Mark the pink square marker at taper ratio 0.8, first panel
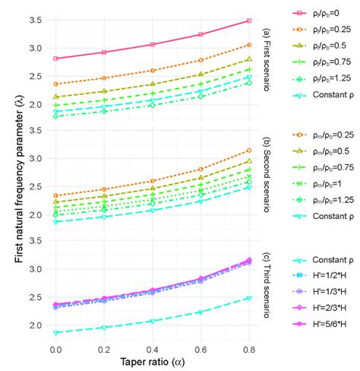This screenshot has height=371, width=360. click(x=249, y=21)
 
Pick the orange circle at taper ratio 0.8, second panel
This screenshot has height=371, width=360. click(x=249, y=151)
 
